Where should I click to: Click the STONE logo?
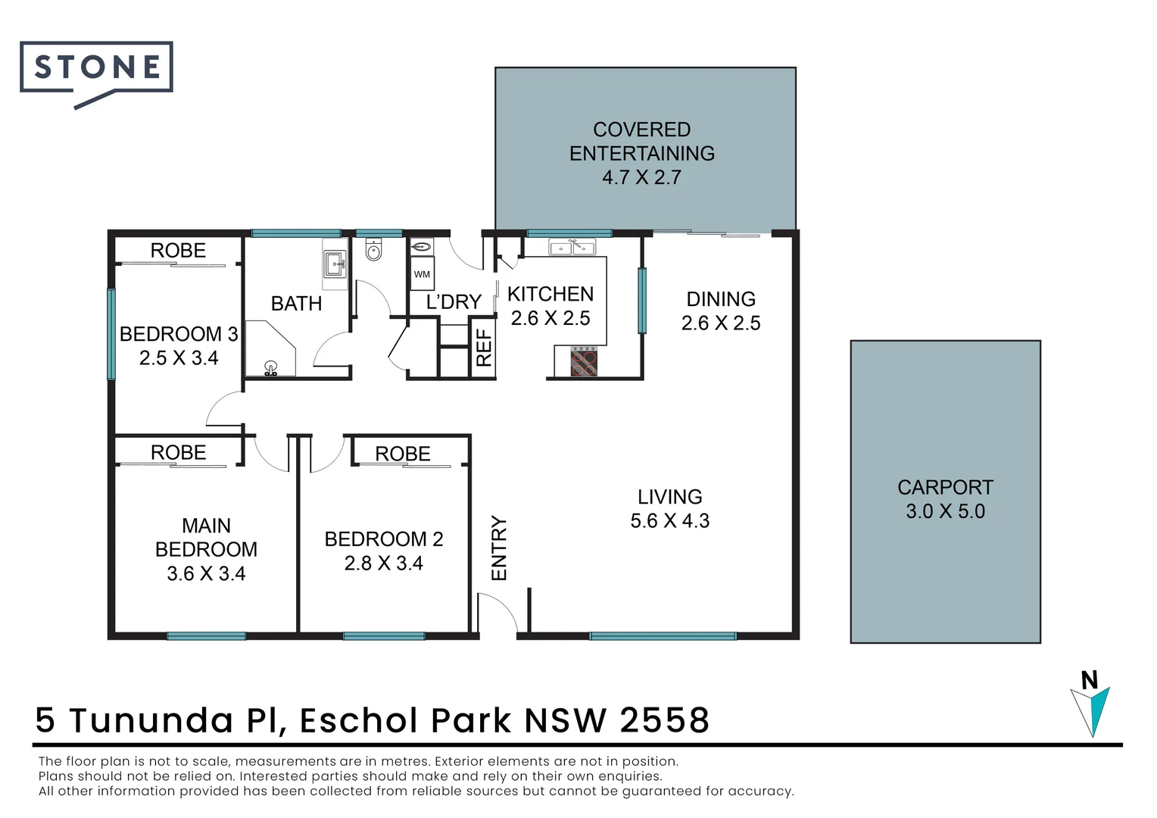[x=96, y=69]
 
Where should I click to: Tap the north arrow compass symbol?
[x=1091, y=705]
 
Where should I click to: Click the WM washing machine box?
[x=422, y=274]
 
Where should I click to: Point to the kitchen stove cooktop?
[x=583, y=361]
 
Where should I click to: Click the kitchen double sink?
[x=572, y=247]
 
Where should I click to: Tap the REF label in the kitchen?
[x=483, y=348]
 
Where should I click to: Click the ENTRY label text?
[x=499, y=548]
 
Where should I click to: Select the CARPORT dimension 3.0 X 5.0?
[x=945, y=511]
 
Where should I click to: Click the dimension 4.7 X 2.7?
[x=641, y=177]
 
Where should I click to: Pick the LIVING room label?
[x=669, y=497]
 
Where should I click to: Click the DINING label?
[x=720, y=299]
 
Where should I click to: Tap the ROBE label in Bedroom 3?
[x=178, y=251]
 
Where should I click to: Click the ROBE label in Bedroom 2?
[x=402, y=454]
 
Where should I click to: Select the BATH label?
[x=296, y=304]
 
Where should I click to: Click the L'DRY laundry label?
[x=453, y=302]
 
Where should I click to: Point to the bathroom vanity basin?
[x=335, y=265]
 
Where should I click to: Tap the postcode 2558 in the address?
[x=664, y=720]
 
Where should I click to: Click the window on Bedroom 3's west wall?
[x=111, y=334]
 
